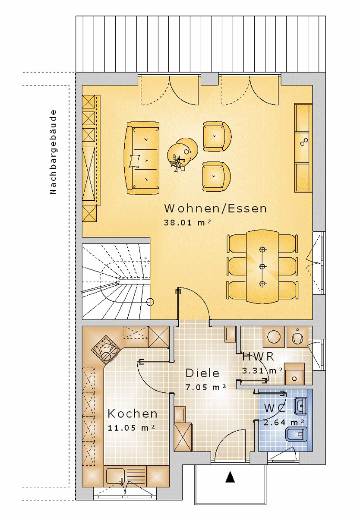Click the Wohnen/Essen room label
coord(215,209)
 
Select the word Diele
coord(202,373)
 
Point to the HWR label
coord(258,357)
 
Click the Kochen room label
coord(133,414)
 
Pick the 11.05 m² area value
coord(131,428)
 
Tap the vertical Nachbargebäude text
coord(53,152)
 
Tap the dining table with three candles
coord(262,266)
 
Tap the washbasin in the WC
coord(301,405)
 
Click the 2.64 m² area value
coord(284,422)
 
